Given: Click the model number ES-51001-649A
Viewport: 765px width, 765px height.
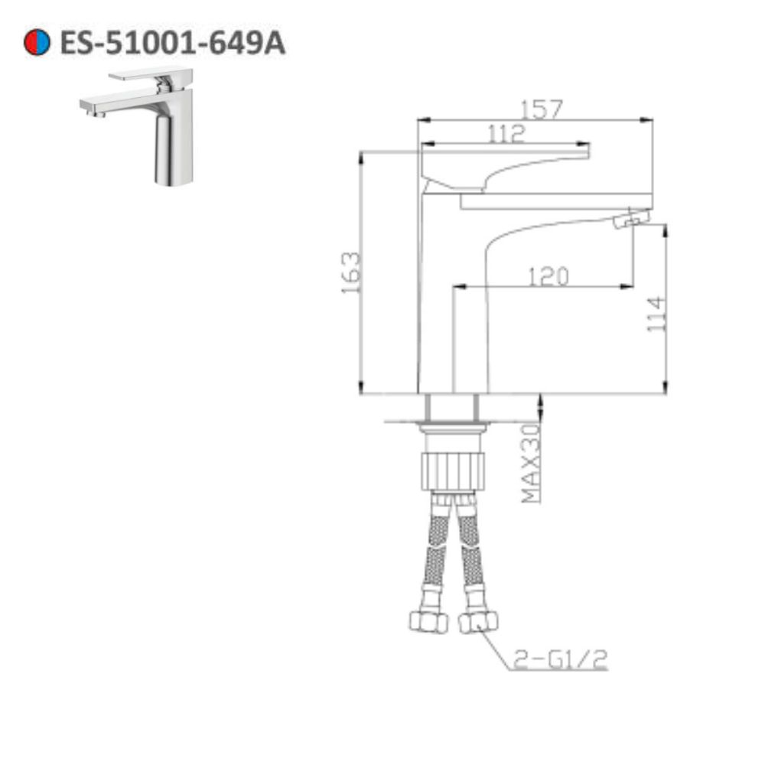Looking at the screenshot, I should point(172,43).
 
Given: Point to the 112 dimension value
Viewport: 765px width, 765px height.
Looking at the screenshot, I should point(506,134).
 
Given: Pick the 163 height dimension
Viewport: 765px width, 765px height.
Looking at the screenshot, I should point(351,273).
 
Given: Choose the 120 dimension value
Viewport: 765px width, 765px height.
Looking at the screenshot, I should point(547,276).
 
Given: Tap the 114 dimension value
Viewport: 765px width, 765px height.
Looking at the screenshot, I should point(657,314).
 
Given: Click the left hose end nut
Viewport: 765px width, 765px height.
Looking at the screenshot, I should point(428,620).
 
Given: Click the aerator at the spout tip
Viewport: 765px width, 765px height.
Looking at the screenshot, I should point(632,220).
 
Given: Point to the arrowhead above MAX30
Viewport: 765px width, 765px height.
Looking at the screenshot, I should point(541,400).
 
